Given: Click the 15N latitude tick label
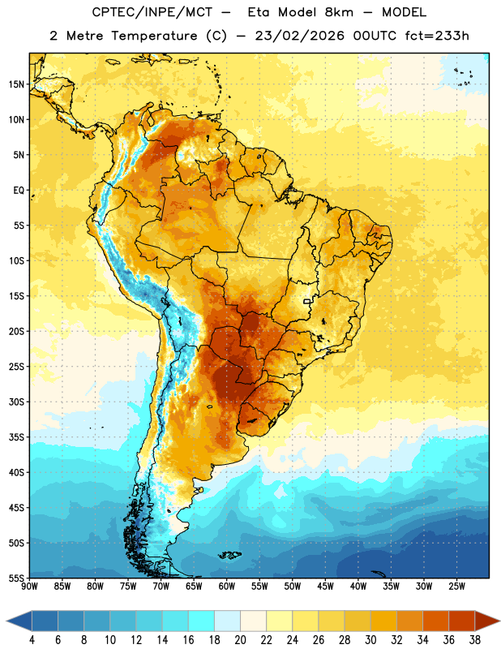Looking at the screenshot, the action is pyautogui.click(x=16, y=84).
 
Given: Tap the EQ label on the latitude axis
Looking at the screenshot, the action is pyautogui.click(x=19, y=191).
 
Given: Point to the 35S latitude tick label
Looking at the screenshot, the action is pyautogui.click(x=16, y=437).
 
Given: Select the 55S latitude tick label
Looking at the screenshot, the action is pyautogui.click(x=16, y=578).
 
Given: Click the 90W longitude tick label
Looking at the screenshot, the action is pyautogui.click(x=29, y=587).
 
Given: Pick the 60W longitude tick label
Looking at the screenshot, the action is pyautogui.click(x=227, y=587).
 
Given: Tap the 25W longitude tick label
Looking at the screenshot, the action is pyautogui.click(x=456, y=587).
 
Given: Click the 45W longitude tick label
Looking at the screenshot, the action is pyautogui.click(x=325, y=587).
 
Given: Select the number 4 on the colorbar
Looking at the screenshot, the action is pyautogui.click(x=32, y=640).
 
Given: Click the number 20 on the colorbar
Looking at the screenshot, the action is pyautogui.click(x=240, y=640).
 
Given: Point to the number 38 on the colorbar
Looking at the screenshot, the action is pyautogui.click(x=474, y=640).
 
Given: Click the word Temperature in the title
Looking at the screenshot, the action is pyautogui.click(x=154, y=36).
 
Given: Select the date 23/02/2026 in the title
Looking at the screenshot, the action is pyautogui.click(x=299, y=36).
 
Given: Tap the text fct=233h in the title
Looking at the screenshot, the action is pyautogui.click(x=437, y=36).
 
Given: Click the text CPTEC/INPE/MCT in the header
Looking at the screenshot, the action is pyautogui.click(x=152, y=12).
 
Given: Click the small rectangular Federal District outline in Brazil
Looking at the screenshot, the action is pyautogui.click(x=307, y=301).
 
